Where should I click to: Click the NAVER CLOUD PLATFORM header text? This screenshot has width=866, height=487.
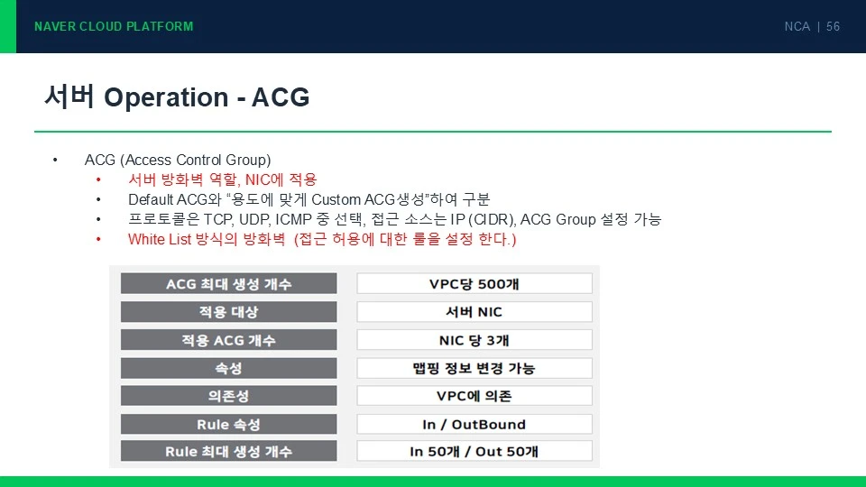pos(114,26)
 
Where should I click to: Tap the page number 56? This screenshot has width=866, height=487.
pos(833,26)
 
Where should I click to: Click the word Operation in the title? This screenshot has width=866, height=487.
pos(166,97)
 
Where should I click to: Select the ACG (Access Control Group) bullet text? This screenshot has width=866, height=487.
pos(178,161)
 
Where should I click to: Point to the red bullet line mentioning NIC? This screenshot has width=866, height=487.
pos(223,179)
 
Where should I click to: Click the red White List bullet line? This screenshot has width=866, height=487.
pos(322,239)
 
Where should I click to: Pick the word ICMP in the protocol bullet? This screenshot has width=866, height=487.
pos(293,220)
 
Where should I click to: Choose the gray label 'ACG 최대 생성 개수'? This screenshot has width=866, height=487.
pos(228,284)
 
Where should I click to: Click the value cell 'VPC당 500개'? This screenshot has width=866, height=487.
pos(474,284)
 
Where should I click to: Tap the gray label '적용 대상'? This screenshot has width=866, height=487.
pos(228,312)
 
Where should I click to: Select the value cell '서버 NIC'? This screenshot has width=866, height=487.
pos(474,312)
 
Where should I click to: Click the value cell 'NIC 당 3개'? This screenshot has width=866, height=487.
pos(474,340)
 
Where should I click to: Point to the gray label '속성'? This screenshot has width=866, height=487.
pos(228,368)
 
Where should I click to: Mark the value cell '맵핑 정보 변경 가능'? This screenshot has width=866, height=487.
pos(474,368)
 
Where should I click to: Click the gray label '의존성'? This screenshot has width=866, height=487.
pos(228,396)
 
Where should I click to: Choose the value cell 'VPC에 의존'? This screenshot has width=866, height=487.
pos(474,396)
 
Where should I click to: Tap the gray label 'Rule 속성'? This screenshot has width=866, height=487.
pos(228,424)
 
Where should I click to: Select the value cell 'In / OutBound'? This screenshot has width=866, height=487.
pos(474,424)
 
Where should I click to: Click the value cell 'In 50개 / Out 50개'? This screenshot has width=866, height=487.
pos(474,451)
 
